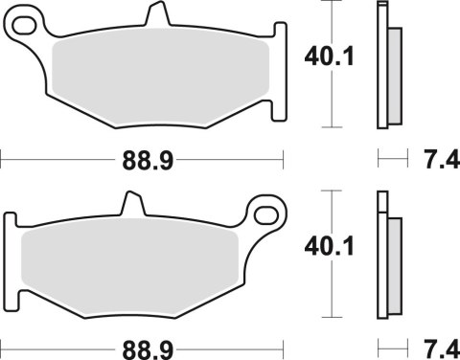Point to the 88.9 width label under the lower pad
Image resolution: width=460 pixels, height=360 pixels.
tap(139, 349)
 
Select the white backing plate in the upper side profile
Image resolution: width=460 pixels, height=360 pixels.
tap(383, 67)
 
